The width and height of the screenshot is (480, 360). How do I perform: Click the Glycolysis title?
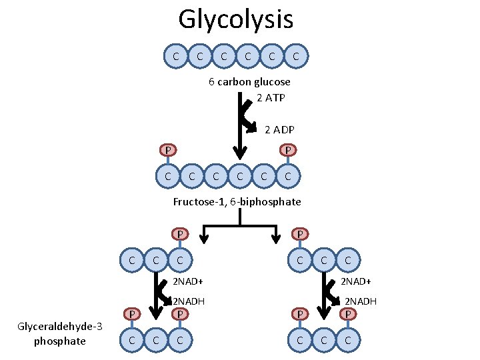click(235, 19)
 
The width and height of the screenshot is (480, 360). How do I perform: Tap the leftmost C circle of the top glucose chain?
click(175, 57)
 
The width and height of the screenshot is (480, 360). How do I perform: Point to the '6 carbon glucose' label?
click(249, 82)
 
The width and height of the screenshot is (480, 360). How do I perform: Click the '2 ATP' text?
click(270, 98)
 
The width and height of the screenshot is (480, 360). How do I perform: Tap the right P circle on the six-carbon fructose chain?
click(287, 150)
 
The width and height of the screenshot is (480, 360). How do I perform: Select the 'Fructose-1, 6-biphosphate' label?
click(237, 201)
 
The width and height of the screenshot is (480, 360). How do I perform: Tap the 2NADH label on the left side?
click(189, 301)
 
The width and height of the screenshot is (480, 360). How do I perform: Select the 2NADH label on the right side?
click(360, 301)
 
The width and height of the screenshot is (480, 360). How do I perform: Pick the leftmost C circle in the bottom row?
click(133, 341)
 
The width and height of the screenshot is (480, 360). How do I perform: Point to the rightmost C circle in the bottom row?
click(347, 341)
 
